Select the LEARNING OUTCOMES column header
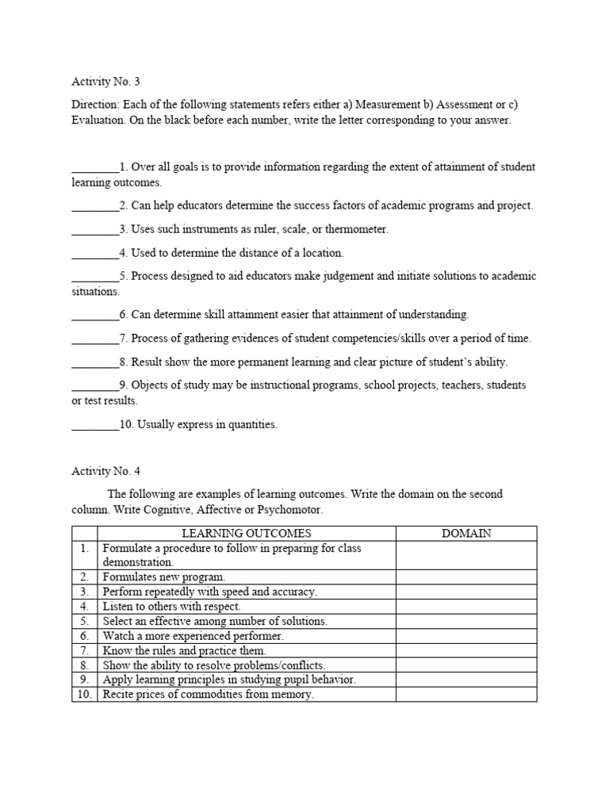pos(247,534)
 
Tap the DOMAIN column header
pos(466,534)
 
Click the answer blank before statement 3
pos(95,230)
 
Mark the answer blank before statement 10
pos(95,425)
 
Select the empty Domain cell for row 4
pos(466,607)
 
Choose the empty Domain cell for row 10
pos(466,695)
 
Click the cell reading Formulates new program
pos(164,577)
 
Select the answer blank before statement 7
pos(95,339)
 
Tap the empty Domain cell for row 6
pos(466,636)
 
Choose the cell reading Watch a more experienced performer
pos(193,636)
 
